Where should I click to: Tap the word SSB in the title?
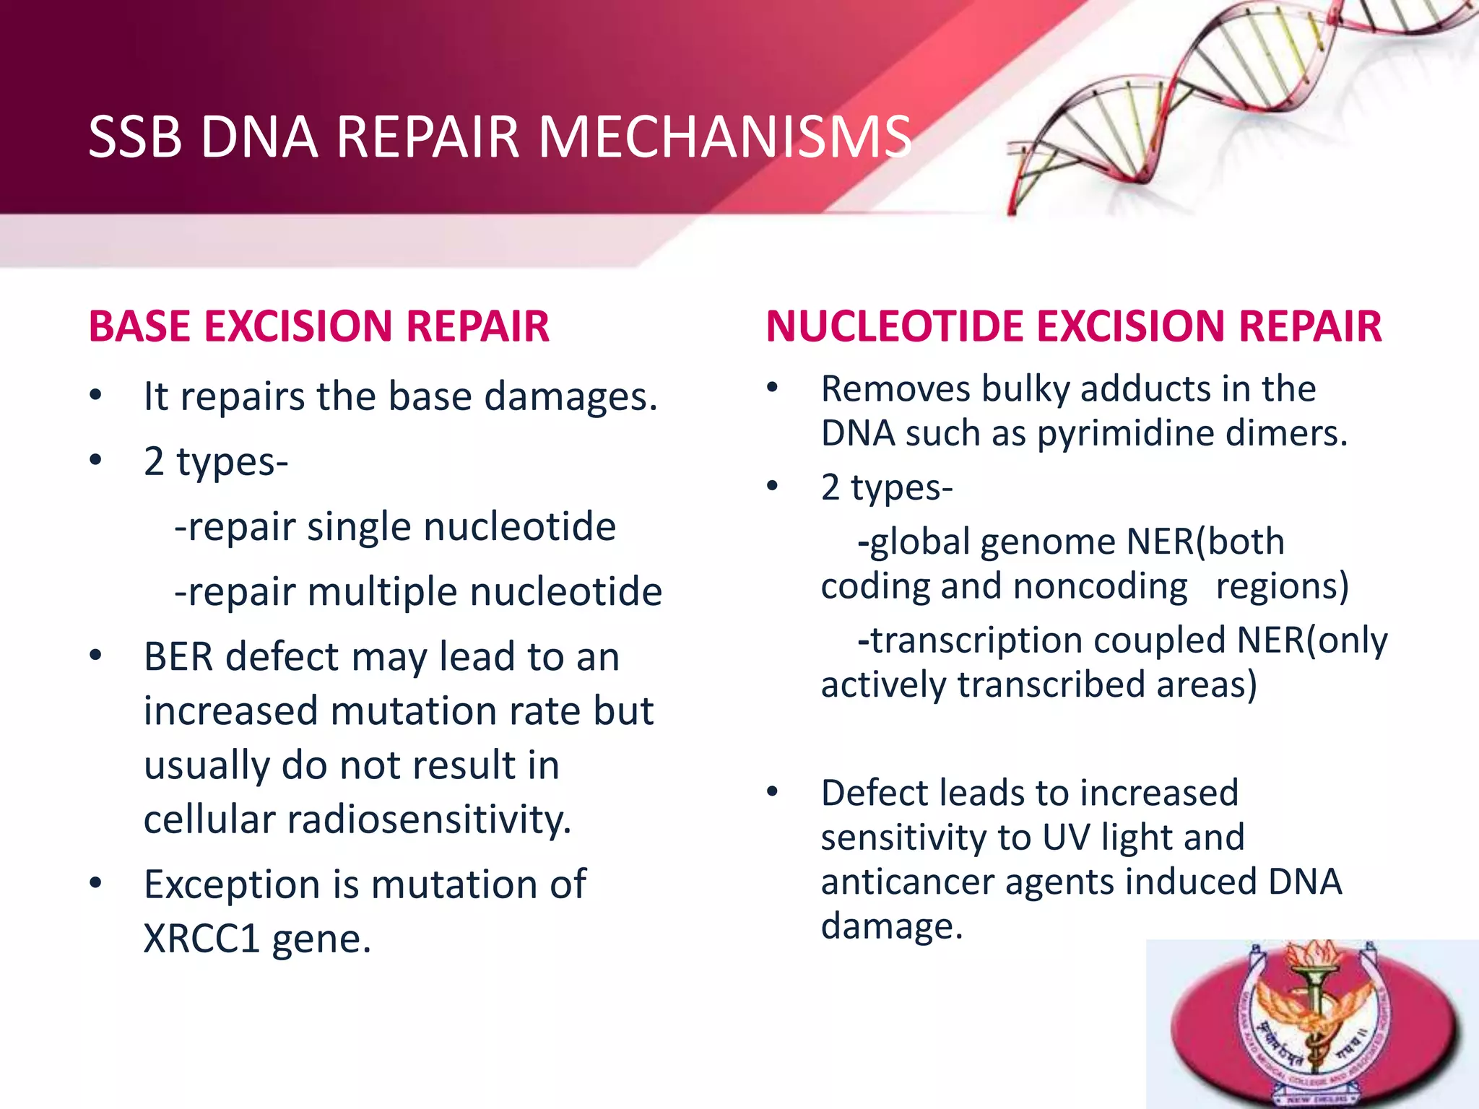pos(134,136)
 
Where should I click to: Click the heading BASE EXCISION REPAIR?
pos(318,326)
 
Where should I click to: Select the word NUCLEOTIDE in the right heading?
pos(894,326)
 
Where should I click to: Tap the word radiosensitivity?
pos(429,820)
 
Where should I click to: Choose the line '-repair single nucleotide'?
pos(395,526)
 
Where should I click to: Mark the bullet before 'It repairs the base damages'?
pos(95,396)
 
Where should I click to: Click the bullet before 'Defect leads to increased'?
pos(772,792)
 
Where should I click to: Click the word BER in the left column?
pos(178,657)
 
